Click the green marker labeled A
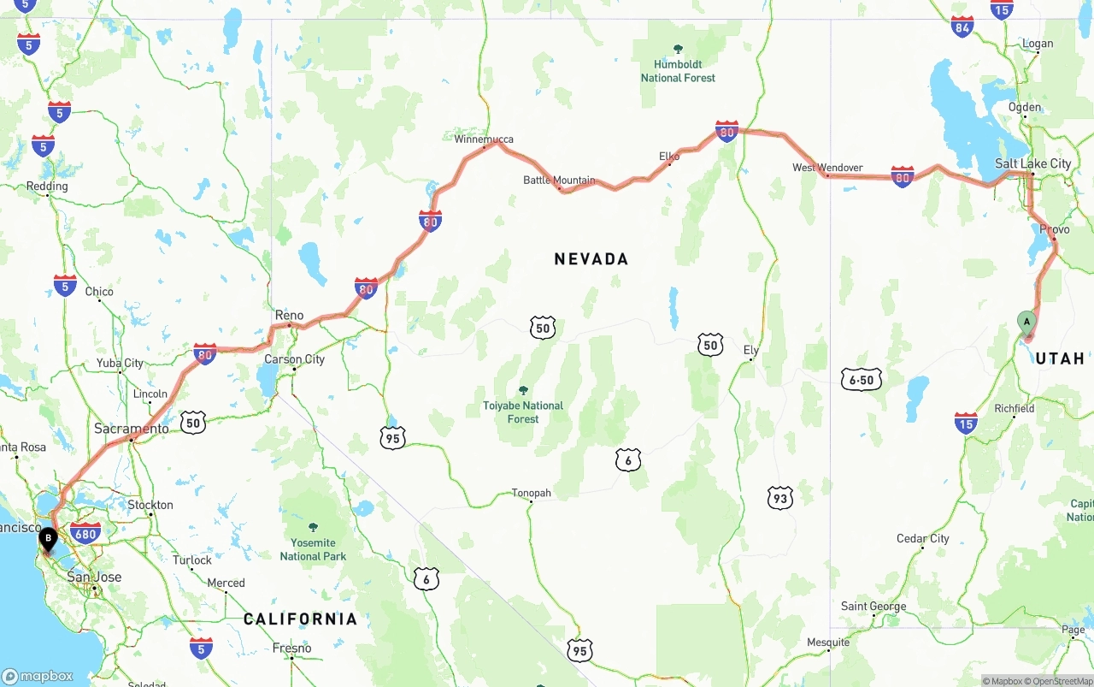point(1026,323)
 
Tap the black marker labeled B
point(49,539)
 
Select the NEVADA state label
point(591,258)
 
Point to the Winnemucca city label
point(484,139)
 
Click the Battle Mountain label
point(559,180)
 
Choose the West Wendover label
point(827,168)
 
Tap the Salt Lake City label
point(1032,163)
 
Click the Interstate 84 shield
point(962,27)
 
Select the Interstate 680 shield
point(86,533)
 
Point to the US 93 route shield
point(779,498)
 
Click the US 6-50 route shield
point(861,379)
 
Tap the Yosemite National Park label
point(313,548)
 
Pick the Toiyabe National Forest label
point(523,412)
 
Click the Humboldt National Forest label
point(678,70)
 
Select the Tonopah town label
point(531,493)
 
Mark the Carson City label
point(294,359)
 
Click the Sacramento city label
point(132,428)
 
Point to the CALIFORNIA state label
point(300,619)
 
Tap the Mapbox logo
point(38,676)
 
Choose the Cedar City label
point(922,538)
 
